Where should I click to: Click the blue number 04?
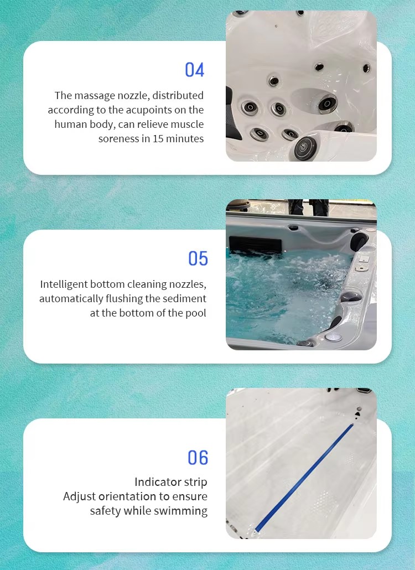(x=194, y=69)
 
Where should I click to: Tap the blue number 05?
(x=198, y=258)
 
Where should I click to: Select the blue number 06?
(x=198, y=458)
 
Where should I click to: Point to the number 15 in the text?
(x=158, y=138)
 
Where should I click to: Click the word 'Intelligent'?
(x=64, y=284)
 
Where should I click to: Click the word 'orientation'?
(x=123, y=496)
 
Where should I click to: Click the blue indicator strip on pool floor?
(x=304, y=478)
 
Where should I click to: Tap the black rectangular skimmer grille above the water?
(x=255, y=244)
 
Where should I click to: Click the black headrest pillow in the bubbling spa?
(x=359, y=241)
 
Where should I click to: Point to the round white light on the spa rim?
(x=333, y=337)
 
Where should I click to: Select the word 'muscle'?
(x=187, y=125)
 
